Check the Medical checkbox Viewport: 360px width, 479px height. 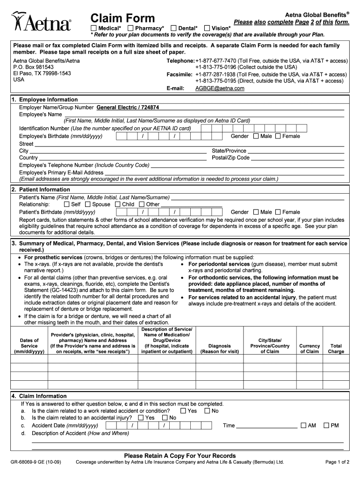point(94,29)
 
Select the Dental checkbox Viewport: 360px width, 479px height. point(174,29)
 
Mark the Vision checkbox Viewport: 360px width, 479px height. point(208,29)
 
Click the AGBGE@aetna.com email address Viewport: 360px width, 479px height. point(219,88)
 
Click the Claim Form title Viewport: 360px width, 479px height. point(122,18)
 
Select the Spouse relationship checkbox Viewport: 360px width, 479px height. point(89,204)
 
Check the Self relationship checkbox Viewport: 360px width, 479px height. point(66,204)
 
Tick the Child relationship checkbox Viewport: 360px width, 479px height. point(118,204)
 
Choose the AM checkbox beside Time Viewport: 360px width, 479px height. point(303,426)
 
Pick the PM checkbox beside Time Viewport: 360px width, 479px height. point(326,426)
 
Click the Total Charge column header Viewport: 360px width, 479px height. point(336,348)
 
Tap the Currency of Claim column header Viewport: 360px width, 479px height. point(310,348)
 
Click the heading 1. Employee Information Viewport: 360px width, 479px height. point(44,100)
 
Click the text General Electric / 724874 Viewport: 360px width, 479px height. point(128,107)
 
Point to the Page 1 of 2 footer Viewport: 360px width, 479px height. point(337,462)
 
